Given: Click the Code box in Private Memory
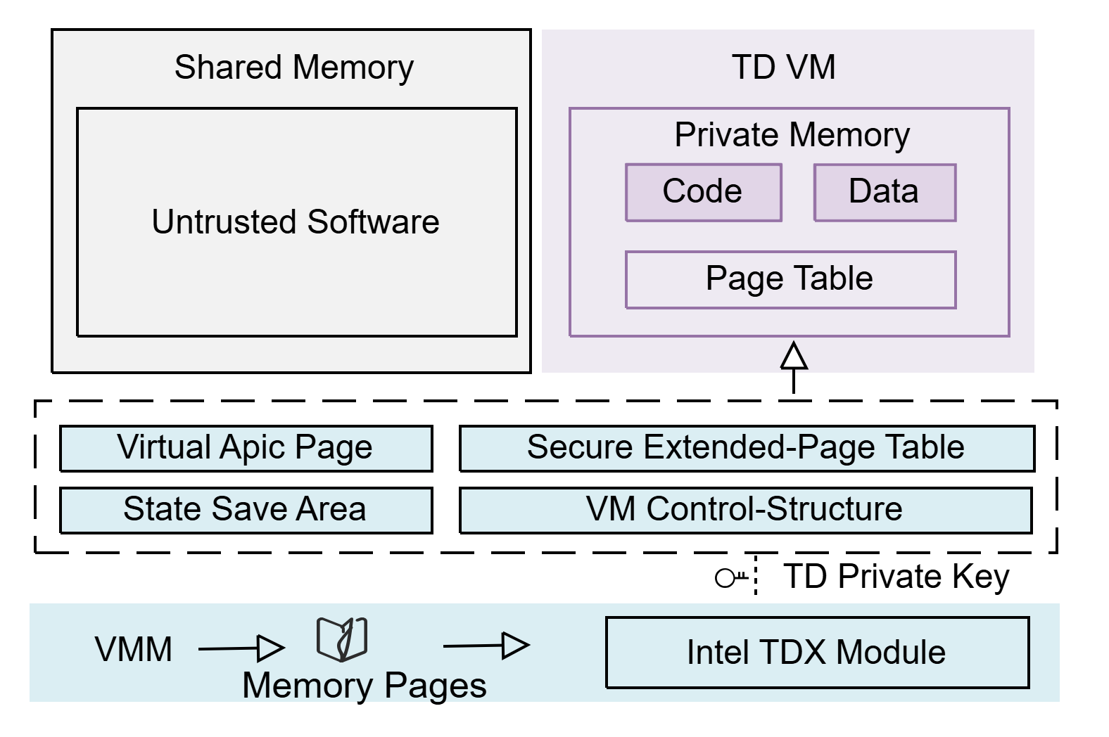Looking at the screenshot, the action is click(x=704, y=193).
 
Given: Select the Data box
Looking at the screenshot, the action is click(x=885, y=193).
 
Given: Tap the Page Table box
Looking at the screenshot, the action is click(x=791, y=280).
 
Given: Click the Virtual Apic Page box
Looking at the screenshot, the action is click(x=246, y=449).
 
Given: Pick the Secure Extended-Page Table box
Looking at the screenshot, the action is click(x=747, y=449).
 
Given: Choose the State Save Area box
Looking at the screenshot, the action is click(x=246, y=511).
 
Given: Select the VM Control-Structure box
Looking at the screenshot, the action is click(x=746, y=511).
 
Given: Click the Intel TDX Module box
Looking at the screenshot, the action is click(x=818, y=653).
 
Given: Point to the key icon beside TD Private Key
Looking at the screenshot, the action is click(x=731, y=578).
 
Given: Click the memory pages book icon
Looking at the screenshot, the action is click(x=342, y=639).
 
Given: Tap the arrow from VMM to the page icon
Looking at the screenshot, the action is click(x=241, y=648).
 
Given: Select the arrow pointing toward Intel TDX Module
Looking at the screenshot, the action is click(x=487, y=646).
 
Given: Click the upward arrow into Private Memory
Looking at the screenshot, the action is click(x=794, y=368).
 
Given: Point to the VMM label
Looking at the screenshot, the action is click(x=133, y=649).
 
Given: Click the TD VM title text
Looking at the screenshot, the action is click(x=784, y=68).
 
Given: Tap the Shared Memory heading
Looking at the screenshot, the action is click(x=294, y=68).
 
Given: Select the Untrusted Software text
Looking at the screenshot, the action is click(x=296, y=222).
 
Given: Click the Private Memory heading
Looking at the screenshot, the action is click(x=792, y=135).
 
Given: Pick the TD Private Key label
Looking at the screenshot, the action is click(x=896, y=577).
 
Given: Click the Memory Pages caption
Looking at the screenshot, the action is click(x=365, y=686).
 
